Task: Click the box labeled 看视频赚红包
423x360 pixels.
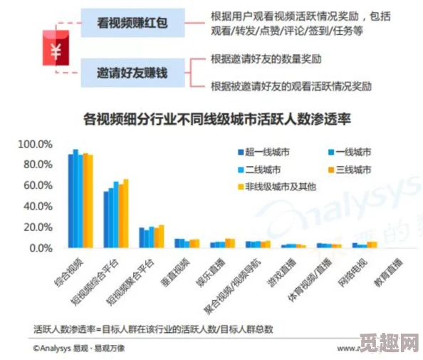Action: click(132, 24)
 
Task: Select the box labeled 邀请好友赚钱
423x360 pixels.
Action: click(132, 72)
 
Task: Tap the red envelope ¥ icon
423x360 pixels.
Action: click(55, 49)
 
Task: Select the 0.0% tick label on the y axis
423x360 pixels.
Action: click(40, 247)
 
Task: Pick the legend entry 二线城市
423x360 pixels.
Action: click(262, 170)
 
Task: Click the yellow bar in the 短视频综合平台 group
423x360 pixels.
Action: click(126, 213)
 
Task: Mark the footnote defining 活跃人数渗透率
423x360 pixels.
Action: click(154, 329)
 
